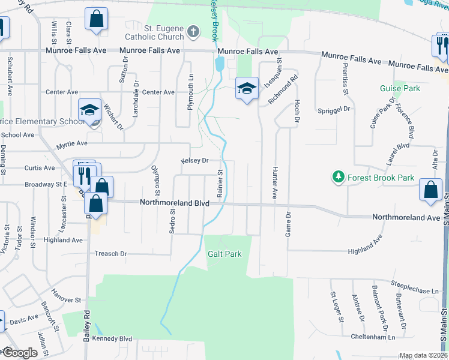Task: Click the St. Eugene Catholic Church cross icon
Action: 193,32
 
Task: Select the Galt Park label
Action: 224,254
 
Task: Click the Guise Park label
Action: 400,88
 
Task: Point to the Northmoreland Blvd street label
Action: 175,203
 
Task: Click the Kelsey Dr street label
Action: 194,161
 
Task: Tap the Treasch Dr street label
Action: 110,254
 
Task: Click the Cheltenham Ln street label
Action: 375,337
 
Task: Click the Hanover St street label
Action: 66,299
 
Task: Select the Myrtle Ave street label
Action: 72,144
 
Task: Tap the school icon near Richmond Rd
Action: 247,88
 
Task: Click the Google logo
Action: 20,353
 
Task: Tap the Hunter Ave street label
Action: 276,184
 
